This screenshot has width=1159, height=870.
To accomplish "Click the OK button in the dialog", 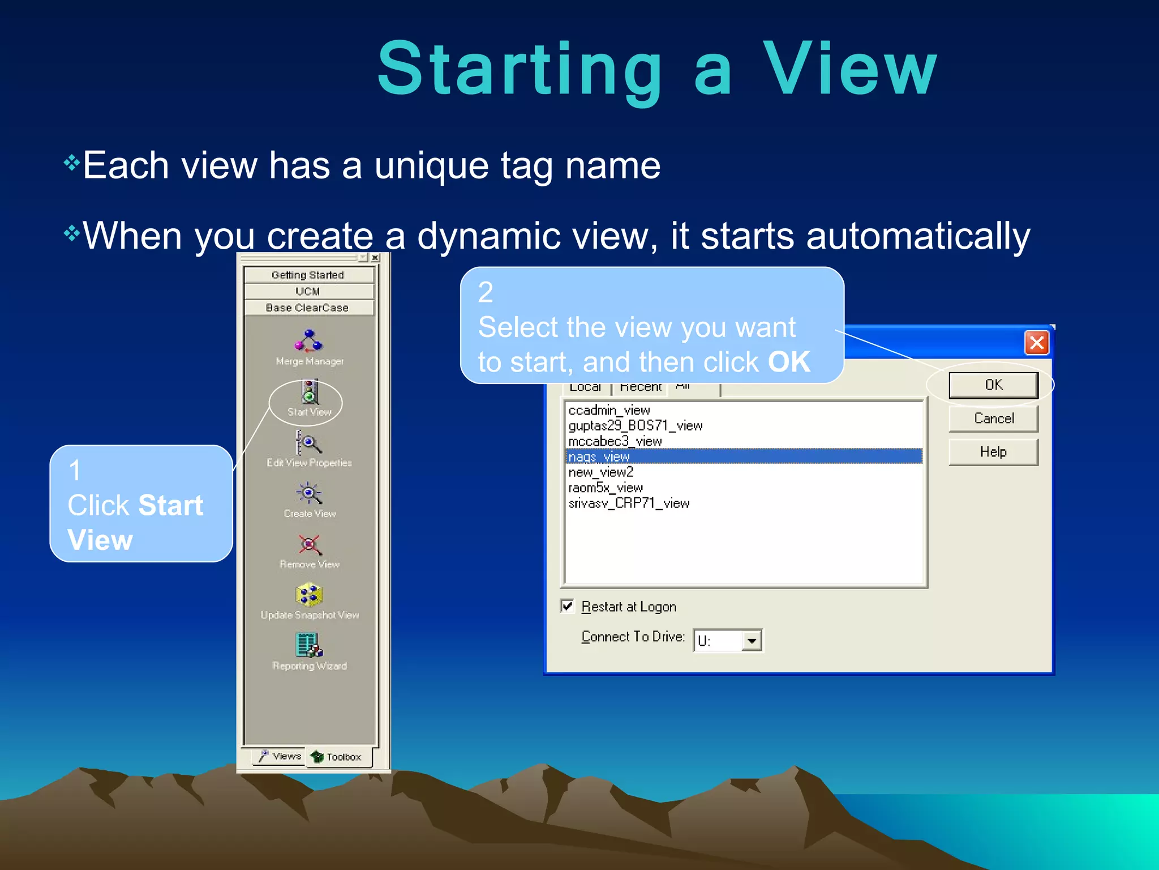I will point(993,385).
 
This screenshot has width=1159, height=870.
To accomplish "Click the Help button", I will point(993,452).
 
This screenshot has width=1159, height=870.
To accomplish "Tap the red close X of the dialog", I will point(1037,343).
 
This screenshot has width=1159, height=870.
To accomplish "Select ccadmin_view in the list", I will point(609,410).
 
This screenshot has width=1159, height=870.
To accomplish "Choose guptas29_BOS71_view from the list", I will point(635,425).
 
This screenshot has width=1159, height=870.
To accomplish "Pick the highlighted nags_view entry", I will point(599,457).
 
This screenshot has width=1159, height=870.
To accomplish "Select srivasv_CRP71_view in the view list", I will point(629,503).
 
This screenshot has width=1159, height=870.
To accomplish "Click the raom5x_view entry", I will point(606,488).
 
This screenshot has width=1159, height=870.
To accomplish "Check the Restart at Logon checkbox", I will point(568,606).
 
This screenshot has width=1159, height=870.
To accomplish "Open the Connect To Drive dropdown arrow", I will point(752,641).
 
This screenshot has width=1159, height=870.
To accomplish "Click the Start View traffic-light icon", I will point(309,392).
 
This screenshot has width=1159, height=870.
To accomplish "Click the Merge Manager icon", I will point(308,341).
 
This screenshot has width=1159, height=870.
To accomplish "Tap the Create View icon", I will point(308,493).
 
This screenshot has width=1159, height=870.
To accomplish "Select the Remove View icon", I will point(309,544).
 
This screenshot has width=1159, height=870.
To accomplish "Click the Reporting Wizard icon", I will point(309,645).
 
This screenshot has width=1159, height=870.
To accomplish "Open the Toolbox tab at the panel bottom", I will point(337,757).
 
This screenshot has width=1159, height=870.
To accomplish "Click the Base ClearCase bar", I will point(307,308).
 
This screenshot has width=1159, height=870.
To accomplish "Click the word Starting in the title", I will point(520,69).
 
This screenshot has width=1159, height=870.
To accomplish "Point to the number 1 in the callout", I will point(75,470).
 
